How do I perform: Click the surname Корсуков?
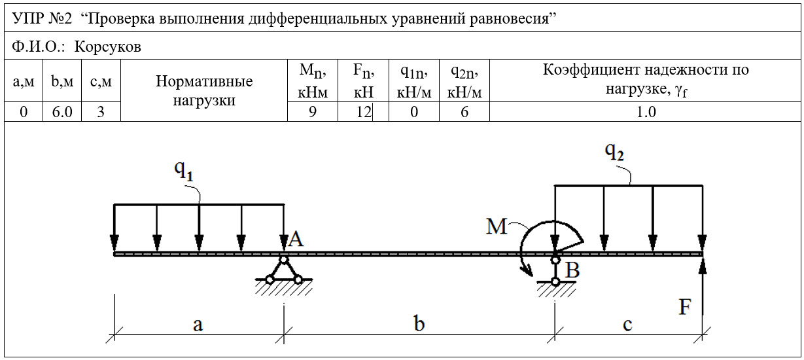click(x=108, y=46)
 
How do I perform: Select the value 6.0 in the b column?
click(x=62, y=112)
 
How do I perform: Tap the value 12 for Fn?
click(x=364, y=112)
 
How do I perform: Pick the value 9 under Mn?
click(x=313, y=112)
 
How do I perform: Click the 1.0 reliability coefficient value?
click(x=646, y=112)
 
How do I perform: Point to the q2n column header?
click(x=464, y=82)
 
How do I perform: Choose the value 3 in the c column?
click(x=101, y=112)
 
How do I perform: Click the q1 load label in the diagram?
click(x=184, y=170)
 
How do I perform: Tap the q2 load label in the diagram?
click(x=614, y=152)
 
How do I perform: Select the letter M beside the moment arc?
click(x=497, y=226)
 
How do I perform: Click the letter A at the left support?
click(x=296, y=239)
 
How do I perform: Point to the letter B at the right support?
click(x=572, y=270)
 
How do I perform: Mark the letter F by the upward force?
click(x=685, y=307)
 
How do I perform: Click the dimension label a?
click(x=198, y=325)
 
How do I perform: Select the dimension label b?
click(x=419, y=323)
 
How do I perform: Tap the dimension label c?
click(x=627, y=325)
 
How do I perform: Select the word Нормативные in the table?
click(x=204, y=82)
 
